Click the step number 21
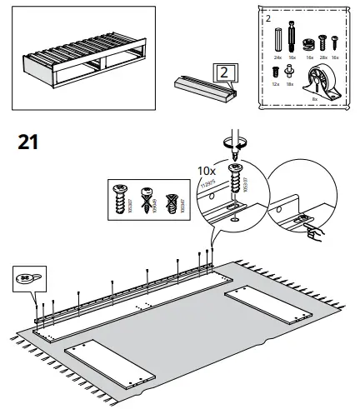point(28,142)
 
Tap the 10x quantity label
point(206,170)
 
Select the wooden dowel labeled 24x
point(277,37)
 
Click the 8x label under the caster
point(316,98)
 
